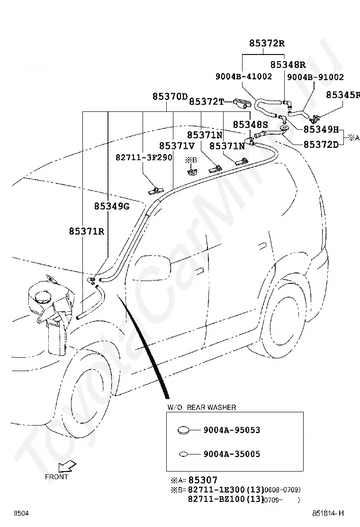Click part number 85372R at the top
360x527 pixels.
[267, 43]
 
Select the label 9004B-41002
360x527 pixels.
[244, 77]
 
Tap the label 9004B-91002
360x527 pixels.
[315, 77]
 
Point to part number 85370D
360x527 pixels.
[170, 97]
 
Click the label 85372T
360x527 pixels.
[207, 101]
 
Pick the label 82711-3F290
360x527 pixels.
[144, 157]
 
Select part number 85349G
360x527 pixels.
[111, 206]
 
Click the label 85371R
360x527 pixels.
[87, 231]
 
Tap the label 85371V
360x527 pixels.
[177, 146]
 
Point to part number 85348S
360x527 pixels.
[251, 125]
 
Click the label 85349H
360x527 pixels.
[321, 129]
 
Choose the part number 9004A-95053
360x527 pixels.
[232, 430]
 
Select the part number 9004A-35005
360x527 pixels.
[232, 454]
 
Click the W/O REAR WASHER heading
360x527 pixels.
[202, 408]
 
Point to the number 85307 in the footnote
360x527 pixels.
[203, 480]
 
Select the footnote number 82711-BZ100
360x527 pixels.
[216, 499]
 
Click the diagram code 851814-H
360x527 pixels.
[328, 513]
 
